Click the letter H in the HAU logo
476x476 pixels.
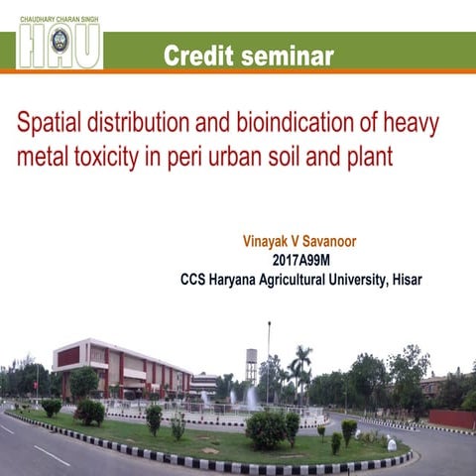point(32,47)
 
